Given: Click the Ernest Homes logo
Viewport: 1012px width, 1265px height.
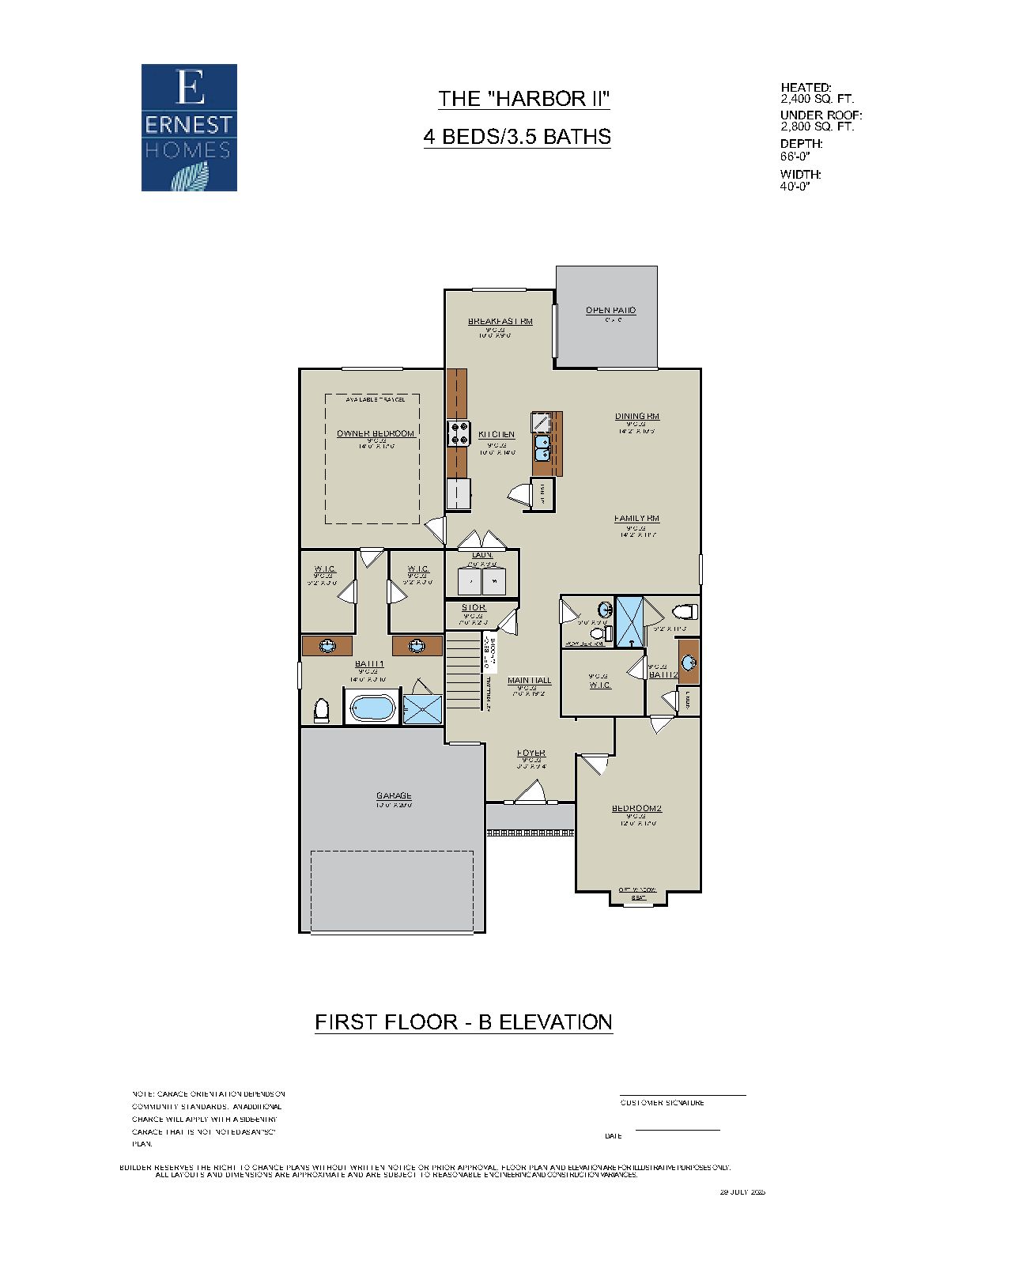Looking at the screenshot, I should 189,127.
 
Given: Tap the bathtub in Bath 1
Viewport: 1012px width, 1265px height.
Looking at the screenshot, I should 371,708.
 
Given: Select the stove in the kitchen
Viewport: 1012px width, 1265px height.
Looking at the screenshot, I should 459,432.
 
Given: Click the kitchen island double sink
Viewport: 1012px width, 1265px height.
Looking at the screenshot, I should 543,448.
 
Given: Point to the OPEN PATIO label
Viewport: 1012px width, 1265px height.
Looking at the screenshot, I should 610,310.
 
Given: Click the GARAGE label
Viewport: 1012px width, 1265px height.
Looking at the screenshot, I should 393,795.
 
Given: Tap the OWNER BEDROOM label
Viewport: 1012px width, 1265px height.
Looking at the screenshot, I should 376,433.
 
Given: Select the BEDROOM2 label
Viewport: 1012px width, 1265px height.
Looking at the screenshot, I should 636,808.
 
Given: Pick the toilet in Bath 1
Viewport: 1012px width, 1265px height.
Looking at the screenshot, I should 321,710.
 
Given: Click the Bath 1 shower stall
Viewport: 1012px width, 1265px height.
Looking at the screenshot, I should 424,708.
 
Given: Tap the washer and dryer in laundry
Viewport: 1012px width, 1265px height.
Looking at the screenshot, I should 481,583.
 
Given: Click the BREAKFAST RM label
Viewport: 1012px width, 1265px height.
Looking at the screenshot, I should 500,321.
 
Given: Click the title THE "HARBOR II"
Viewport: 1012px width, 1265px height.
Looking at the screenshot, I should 523,99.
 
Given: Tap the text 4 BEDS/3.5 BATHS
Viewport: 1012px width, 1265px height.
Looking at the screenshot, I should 517,137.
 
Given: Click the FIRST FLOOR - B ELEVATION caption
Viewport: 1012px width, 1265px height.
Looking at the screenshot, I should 463,1021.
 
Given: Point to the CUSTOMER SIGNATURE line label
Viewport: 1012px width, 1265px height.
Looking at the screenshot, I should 662,1102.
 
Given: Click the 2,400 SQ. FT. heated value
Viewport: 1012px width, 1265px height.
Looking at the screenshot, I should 817,99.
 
